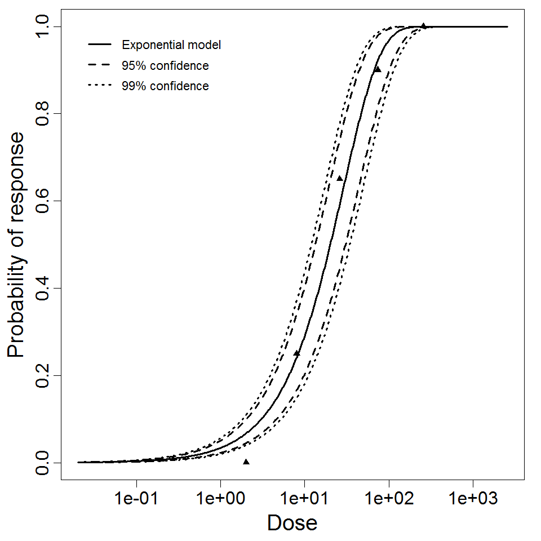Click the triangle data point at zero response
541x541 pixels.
pyautogui.click(x=246, y=462)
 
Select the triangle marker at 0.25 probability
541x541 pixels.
pyautogui.click(x=297, y=353)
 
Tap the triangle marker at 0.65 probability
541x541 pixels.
pyautogui.click(x=340, y=178)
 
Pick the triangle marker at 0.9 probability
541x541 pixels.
pyautogui.click(x=378, y=69)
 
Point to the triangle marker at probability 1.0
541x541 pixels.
pyautogui.click(x=423, y=26)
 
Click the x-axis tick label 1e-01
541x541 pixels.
pyautogui.click(x=136, y=498)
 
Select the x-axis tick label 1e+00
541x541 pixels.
pyautogui.click(x=220, y=498)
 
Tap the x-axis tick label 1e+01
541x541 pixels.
pyautogui.click(x=304, y=498)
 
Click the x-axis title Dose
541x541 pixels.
pyautogui.click(x=292, y=524)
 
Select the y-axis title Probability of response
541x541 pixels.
pyautogui.click(x=16, y=245)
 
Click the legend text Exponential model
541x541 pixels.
pyautogui.click(x=171, y=45)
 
